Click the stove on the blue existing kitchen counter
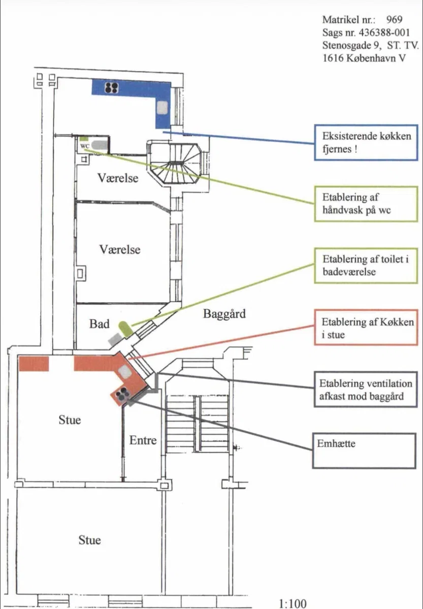(x=112, y=87)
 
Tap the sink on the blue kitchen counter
(x=162, y=108)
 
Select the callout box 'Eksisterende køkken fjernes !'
(x=366, y=143)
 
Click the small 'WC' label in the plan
(x=85, y=146)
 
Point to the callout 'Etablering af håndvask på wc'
(x=366, y=204)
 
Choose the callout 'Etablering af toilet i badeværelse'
(x=366, y=265)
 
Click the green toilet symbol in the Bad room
(x=125, y=329)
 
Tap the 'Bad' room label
(x=100, y=324)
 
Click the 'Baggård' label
(x=224, y=314)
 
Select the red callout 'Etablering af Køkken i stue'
(x=366, y=327)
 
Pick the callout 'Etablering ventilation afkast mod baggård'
(x=366, y=389)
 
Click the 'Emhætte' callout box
(x=364, y=451)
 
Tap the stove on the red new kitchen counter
(x=121, y=395)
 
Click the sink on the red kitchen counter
(x=125, y=371)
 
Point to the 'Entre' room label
(x=143, y=440)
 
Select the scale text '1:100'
(x=292, y=603)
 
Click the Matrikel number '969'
(x=394, y=19)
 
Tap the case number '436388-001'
(x=384, y=32)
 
